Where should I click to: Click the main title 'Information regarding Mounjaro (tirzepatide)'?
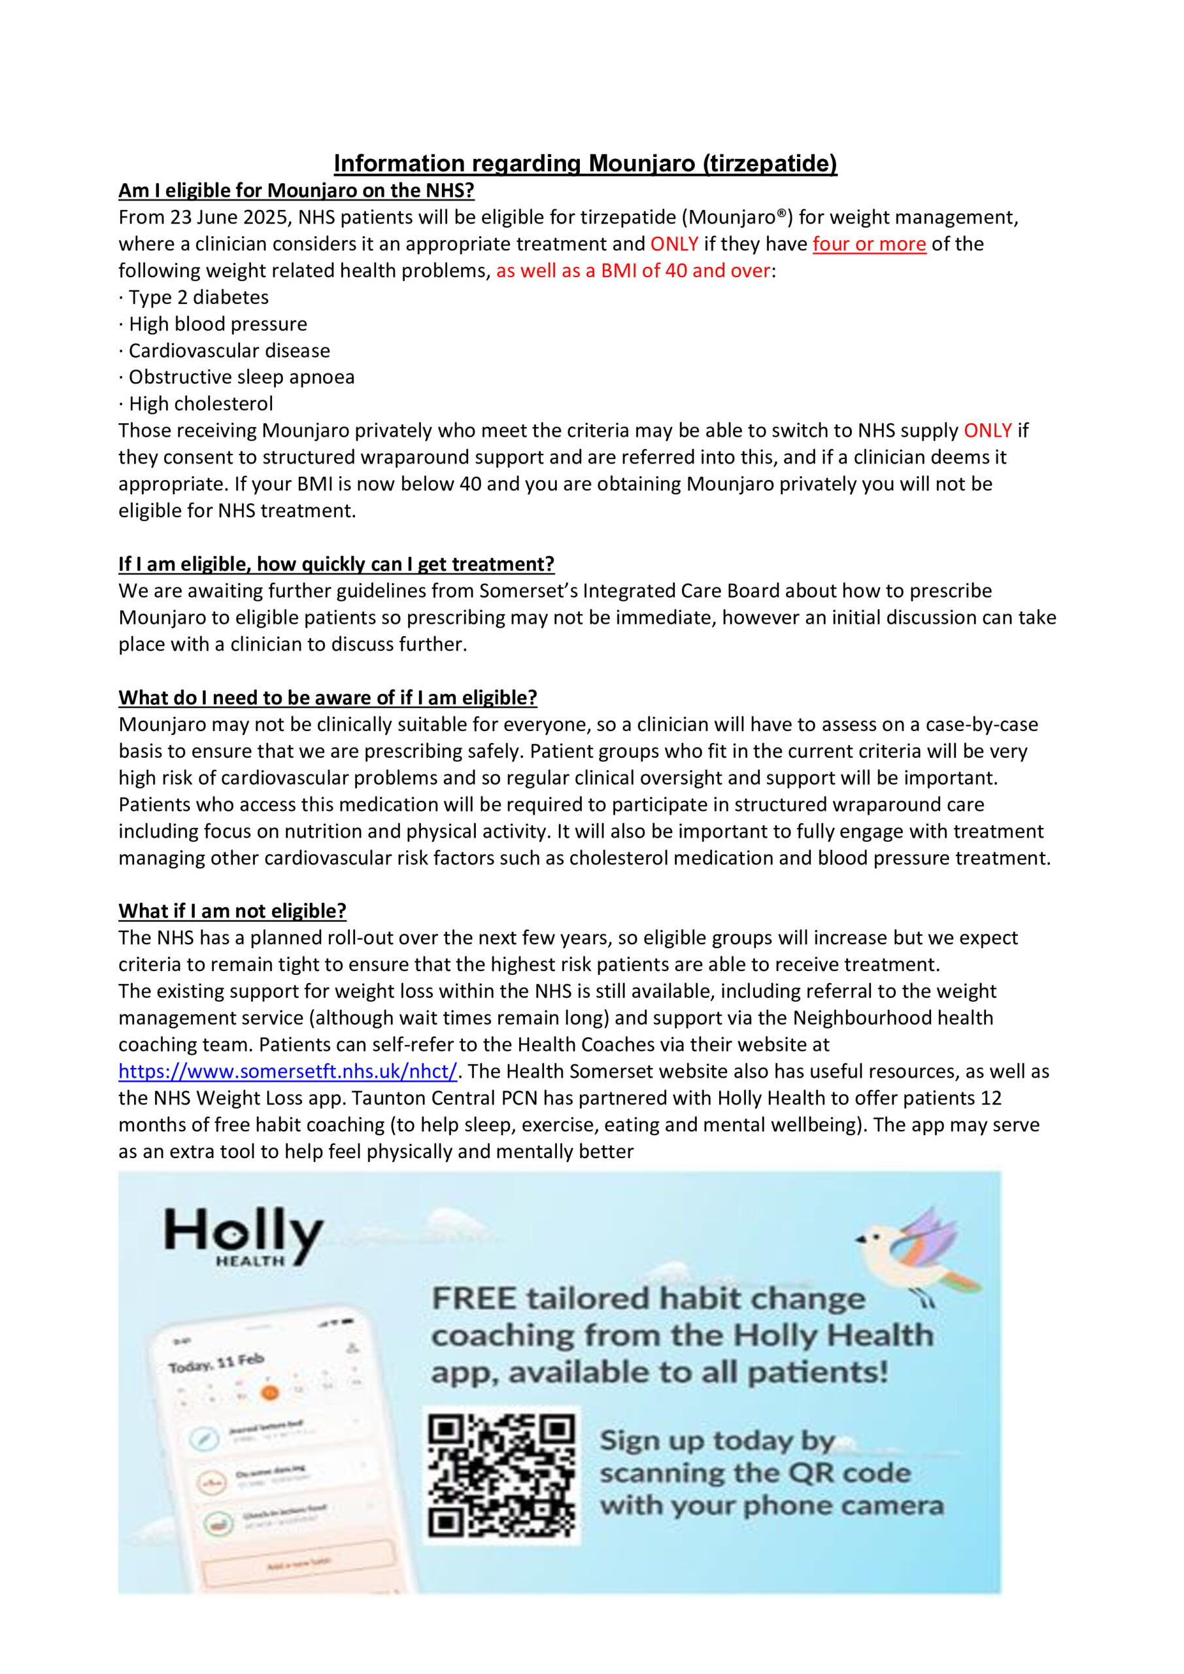584,163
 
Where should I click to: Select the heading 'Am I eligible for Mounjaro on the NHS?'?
296,190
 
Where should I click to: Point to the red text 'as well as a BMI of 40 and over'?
633,271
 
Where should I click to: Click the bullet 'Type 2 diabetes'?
198,298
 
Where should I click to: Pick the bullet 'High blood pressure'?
217,324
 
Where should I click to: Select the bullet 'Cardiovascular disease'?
229,350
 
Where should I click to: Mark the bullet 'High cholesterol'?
201,404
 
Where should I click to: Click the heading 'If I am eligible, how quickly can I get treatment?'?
336,564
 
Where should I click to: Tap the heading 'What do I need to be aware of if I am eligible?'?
328,698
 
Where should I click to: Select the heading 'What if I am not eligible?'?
232,912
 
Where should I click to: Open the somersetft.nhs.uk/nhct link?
288,1072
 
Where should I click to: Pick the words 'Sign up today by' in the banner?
717,1441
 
